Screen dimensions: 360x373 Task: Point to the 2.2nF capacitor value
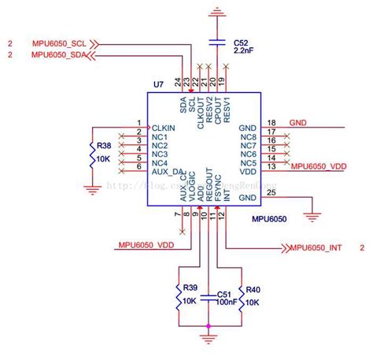coord(245,50)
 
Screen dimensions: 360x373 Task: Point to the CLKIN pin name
coord(163,127)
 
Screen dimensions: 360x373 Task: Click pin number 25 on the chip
coord(272,193)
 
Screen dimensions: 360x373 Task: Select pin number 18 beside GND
coord(271,123)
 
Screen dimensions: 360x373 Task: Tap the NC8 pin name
coord(249,137)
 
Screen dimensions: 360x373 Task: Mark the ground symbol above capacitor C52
coord(218,12)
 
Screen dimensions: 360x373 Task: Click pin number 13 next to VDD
coord(271,166)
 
